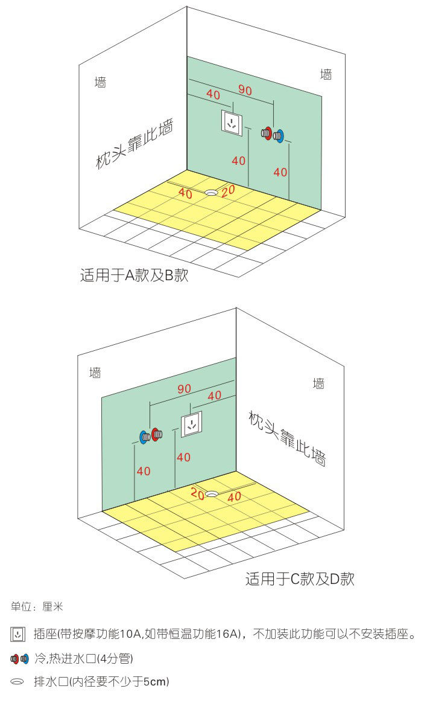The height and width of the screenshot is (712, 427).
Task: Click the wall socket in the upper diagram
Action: coord(232,123)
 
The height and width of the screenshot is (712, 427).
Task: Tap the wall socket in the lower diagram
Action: coord(192,425)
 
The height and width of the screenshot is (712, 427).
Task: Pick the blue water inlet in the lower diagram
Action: coord(144,437)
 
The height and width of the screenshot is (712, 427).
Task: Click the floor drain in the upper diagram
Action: coord(211,193)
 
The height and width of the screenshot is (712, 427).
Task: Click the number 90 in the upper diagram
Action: coord(245,91)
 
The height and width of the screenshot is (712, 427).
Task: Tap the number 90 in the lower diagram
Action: coord(184,389)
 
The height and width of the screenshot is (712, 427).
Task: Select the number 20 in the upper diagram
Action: coord(228,191)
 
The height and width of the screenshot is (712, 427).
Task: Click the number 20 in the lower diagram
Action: coord(197,493)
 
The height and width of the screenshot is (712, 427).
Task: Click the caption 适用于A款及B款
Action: coord(134,275)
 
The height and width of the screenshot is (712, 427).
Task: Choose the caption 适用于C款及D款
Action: coord(300,579)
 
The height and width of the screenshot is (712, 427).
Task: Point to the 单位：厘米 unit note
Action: coord(37,607)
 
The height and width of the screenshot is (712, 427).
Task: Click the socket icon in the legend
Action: coord(17,634)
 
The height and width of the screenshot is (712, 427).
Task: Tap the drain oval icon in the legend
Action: coord(17,682)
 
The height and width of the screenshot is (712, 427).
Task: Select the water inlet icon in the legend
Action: coord(19,658)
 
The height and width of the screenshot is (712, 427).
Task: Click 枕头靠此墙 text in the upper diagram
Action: coord(134,144)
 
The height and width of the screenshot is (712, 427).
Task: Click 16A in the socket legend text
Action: coord(228,634)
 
